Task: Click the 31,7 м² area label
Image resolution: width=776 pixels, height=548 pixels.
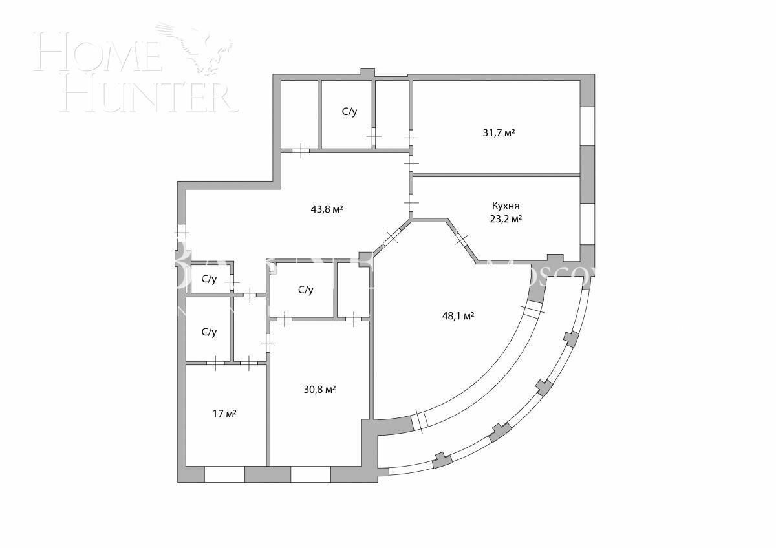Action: (498, 133)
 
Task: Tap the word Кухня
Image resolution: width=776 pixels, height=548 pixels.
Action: (506, 206)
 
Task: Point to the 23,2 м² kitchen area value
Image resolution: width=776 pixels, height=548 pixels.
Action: (506, 219)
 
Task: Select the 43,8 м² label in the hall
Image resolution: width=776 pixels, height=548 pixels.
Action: (327, 209)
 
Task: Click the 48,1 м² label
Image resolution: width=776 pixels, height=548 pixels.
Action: (458, 317)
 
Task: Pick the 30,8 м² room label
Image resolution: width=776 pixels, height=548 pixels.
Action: (319, 390)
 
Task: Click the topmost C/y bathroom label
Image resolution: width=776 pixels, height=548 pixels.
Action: (349, 112)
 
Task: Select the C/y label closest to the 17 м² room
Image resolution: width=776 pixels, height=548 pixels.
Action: (209, 332)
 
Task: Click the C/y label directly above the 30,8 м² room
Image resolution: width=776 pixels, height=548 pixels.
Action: (306, 290)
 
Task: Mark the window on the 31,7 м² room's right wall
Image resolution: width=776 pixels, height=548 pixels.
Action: (587, 126)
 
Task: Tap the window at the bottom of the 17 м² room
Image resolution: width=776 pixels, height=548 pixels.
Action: (224, 474)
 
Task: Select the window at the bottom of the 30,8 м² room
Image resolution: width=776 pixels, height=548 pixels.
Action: (310, 474)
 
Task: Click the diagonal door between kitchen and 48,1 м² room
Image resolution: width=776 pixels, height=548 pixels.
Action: (461, 239)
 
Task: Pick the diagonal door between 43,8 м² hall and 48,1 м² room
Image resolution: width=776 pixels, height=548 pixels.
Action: (391, 238)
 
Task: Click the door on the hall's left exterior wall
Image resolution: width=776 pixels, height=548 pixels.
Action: (182, 231)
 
